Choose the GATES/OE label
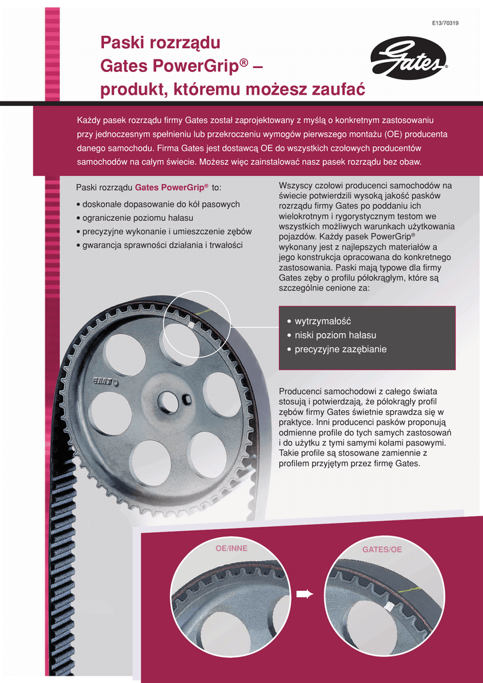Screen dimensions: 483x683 pos(382,550)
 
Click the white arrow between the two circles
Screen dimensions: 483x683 pos(305,594)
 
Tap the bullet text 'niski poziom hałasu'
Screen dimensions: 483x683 pos(335,335)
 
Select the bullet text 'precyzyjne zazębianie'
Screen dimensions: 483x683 pos(340,350)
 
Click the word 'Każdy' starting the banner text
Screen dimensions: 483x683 pos(88,120)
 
